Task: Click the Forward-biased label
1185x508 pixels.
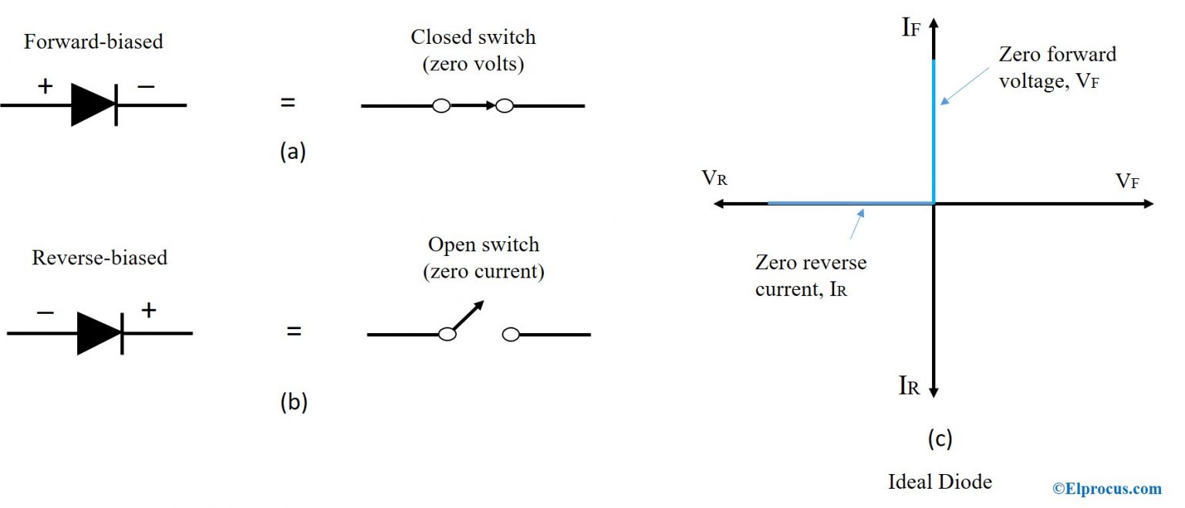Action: (x=93, y=42)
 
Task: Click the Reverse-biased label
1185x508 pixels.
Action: (x=100, y=257)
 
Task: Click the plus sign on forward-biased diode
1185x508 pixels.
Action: (x=46, y=86)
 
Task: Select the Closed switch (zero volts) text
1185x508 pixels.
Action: (x=473, y=51)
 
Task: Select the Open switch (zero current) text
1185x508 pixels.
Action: (x=485, y=258)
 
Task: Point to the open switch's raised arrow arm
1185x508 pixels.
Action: (x=467, y=316)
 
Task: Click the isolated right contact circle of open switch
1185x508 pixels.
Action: (x=510, y=335)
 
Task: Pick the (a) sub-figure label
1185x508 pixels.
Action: (x=293, y=152)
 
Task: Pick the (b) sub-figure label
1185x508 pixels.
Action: (x=293, y=402)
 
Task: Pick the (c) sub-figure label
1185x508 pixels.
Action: (x=939, y=439)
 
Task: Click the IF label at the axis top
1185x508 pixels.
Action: (x=911, y=28)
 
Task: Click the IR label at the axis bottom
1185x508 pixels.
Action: (x=909, y=386)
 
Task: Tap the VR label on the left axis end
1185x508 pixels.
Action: (x=714, y=179)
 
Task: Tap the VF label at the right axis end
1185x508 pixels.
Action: (x=1127, y=181)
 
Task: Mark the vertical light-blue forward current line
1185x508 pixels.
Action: (x=933, y=131)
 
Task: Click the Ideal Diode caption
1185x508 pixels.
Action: (x=940, y=483)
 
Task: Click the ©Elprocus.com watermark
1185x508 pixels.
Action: (x=1107, y=488)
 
